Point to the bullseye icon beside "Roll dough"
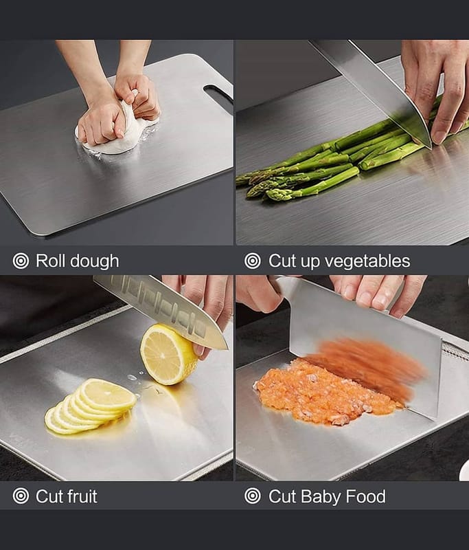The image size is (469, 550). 21,261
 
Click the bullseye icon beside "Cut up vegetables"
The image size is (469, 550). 253,261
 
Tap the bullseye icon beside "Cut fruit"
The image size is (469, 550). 21,496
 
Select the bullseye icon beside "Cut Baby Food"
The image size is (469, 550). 253,496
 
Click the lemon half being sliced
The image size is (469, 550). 168,354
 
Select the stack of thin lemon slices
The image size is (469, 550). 91,406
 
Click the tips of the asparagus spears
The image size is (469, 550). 255,186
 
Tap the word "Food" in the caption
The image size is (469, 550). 365,496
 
